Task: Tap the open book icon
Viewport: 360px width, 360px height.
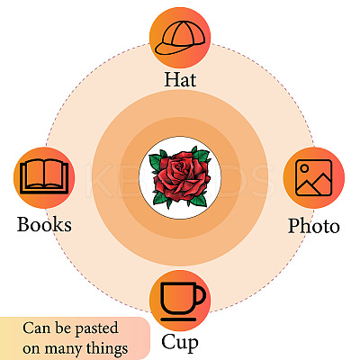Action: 44,176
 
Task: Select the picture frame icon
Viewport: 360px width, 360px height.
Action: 313,177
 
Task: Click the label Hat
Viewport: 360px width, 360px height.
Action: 180,79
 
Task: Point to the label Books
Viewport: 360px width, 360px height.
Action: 44,224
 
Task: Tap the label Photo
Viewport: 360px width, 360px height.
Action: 314,226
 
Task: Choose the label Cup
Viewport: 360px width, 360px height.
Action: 180,342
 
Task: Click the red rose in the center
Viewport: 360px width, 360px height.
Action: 180,176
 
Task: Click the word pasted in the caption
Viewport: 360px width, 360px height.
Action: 96,328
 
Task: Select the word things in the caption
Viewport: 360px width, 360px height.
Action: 107,348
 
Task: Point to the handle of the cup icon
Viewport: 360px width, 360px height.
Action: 201,295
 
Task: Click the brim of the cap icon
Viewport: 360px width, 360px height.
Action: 168,49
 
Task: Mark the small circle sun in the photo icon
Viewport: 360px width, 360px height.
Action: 304,168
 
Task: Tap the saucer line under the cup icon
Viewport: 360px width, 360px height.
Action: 178,319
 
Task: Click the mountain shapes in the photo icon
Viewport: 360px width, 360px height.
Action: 314,184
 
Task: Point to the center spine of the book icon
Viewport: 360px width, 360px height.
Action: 44,174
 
